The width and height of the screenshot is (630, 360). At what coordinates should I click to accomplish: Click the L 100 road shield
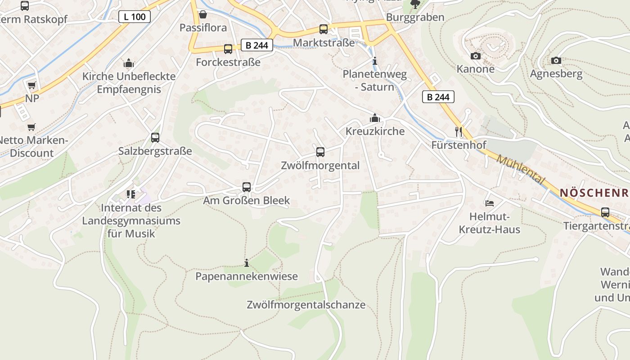click(134, 17)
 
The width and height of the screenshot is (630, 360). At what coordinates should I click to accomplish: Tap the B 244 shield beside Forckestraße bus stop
click(257, 45)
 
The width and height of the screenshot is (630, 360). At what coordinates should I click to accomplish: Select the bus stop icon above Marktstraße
click(323, 29)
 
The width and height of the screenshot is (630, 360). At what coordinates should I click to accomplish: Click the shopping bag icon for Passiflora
click(203, 14)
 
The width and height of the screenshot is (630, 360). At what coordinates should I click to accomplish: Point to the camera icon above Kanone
click(475, 56)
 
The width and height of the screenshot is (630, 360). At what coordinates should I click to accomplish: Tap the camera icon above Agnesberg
click(556, 60)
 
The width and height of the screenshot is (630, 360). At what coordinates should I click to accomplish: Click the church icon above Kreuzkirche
click(374, 118)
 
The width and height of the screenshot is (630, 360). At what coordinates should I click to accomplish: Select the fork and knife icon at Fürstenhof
click(459, 132)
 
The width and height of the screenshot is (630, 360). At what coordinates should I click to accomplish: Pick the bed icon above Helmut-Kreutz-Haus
click(489, 203)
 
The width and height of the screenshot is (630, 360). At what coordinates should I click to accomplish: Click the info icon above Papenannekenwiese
click(246, 263)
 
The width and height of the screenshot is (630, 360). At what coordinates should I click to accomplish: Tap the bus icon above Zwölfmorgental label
click(320, 152)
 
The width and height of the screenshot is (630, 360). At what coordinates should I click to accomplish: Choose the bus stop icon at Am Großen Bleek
click(246, 187)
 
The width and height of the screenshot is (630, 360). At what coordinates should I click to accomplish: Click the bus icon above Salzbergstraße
click(155, 138)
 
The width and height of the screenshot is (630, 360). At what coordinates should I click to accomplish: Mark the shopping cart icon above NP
click(31, 85)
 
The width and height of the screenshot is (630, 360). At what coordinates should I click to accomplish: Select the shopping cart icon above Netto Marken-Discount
click(31, 127)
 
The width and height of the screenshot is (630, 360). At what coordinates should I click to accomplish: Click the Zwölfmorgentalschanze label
click(306, 305)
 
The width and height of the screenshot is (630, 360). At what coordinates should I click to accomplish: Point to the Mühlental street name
click(521, 169)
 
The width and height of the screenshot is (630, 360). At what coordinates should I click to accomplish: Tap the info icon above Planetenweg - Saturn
click(374, 61)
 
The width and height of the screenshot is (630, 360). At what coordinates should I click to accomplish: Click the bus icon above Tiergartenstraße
click(605, 212)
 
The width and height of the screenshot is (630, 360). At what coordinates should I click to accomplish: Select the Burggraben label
click(415, 17)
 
